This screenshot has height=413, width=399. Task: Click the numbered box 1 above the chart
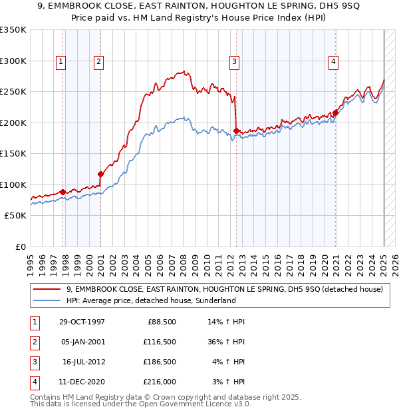tap(61, 62)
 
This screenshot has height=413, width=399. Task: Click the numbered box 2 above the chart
tap(98, 62)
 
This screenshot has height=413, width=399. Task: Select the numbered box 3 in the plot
tap(235, 62)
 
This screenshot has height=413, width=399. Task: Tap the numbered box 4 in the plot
tap(332, 62)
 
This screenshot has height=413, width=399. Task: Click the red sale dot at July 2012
tap(237, 131)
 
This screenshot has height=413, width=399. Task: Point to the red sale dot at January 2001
tap(100, 175)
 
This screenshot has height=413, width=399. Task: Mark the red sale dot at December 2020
tap(336, 113)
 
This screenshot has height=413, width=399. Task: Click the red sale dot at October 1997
tap(63, 192)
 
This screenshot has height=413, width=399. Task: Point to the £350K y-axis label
tap(13, 30)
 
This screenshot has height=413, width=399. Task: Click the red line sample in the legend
tap(48, 289)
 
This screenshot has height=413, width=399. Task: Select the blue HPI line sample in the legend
tap(48, 301)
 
